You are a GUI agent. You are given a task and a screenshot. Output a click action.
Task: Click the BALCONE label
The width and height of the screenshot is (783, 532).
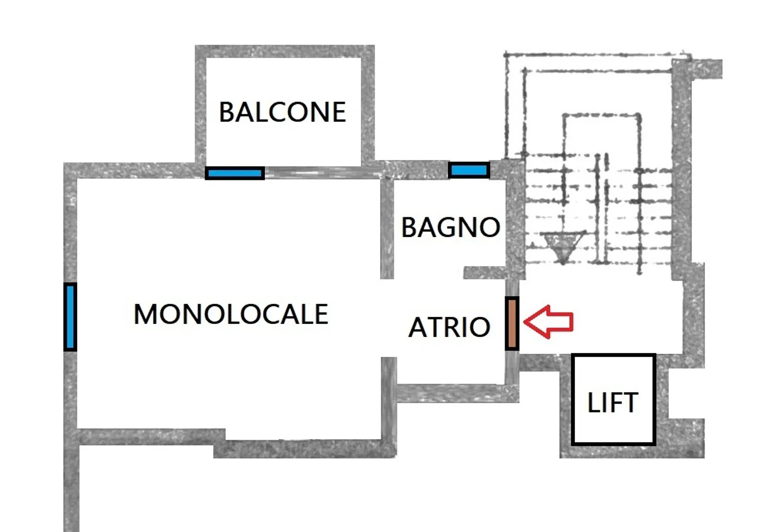[282, 112]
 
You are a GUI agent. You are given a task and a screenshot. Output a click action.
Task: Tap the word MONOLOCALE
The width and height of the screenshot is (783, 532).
[231, 314]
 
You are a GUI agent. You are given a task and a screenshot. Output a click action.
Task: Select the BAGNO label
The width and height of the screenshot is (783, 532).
[451, 227]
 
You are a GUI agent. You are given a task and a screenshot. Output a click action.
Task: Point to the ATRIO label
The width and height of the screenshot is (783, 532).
[449, 327]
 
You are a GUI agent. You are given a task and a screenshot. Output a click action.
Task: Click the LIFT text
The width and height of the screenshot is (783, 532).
[613, 403]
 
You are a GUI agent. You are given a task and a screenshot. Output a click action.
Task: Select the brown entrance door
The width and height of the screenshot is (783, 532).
[512, 323]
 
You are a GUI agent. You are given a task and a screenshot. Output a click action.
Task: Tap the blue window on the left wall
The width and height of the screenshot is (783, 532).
[70, 317]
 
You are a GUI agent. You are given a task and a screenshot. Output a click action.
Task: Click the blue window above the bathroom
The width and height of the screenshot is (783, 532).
[469, 171]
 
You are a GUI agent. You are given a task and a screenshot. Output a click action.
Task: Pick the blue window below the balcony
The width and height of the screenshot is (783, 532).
[235, 173]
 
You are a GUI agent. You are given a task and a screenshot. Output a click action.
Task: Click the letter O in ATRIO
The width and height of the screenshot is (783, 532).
[480, 327]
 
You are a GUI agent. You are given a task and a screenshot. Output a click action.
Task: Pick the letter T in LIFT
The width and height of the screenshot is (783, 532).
[630, 403]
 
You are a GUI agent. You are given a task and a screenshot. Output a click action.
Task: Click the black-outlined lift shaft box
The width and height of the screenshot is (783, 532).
[613, 399]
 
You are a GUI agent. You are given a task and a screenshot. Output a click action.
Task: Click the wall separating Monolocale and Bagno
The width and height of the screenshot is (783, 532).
[387, 229]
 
